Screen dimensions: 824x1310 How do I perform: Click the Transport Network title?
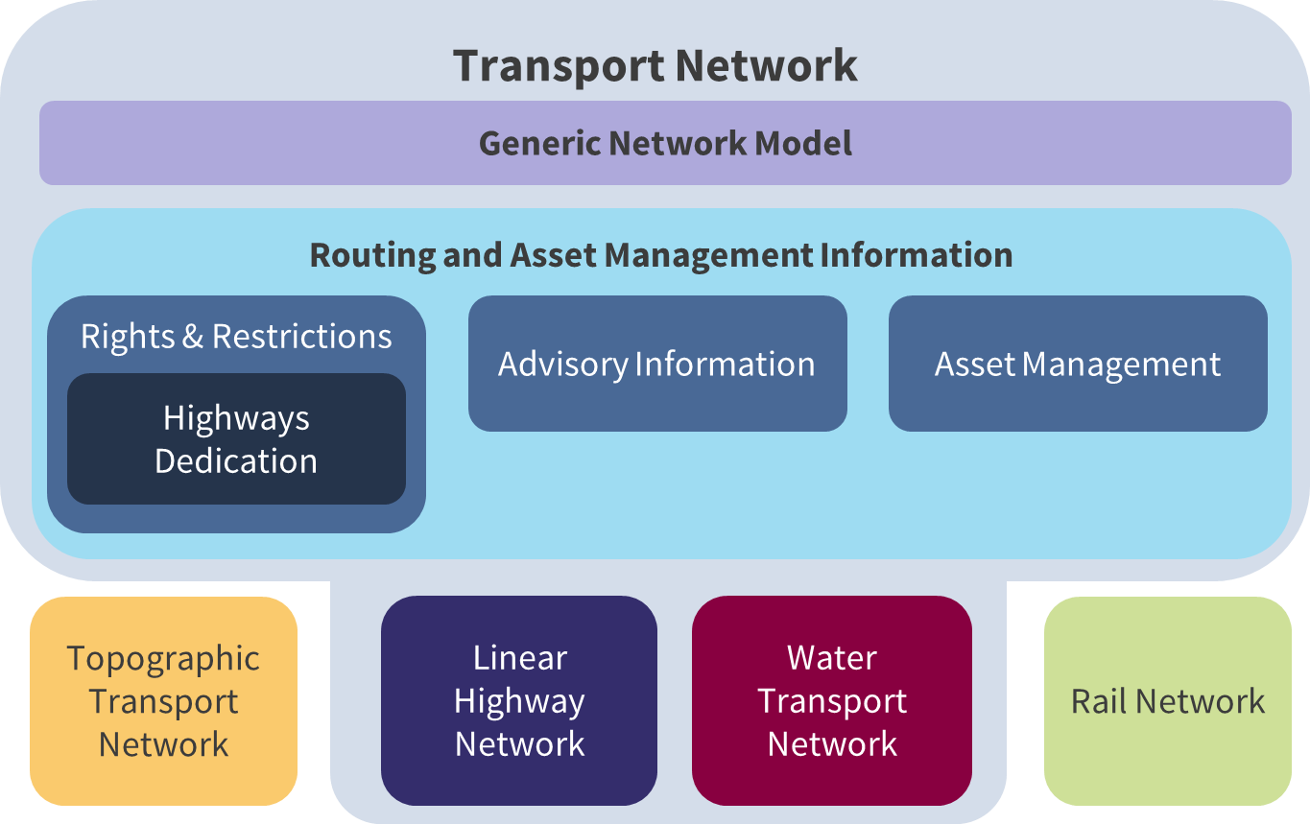[655, 66]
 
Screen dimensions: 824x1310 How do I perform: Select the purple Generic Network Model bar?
[665, 143]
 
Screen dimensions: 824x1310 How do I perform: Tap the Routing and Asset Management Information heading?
[660, 255]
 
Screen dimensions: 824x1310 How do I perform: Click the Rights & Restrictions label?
[236, 337]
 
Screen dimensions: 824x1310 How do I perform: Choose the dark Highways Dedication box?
[236, 439]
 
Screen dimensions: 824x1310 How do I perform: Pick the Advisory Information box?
[657, 364]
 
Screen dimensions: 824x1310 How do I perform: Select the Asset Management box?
[1078, 364]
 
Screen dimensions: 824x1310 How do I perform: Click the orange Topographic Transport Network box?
[164, 701]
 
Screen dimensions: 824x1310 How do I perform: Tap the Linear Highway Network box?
[519, 701]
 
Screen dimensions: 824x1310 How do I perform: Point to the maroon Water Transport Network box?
[832, 701]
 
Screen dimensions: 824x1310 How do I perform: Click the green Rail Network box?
[1168, 701]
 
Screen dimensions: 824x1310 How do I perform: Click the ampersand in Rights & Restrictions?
[193, 337]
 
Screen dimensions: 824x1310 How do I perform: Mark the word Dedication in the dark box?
[236, 461]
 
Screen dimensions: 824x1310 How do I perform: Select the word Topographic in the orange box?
[163, 659]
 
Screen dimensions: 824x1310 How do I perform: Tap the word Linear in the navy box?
[520, 658]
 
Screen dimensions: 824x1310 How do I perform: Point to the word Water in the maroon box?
[832, 658]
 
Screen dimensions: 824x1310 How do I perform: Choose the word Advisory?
[561, 365]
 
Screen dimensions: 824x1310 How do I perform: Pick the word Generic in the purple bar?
[540, 143]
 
